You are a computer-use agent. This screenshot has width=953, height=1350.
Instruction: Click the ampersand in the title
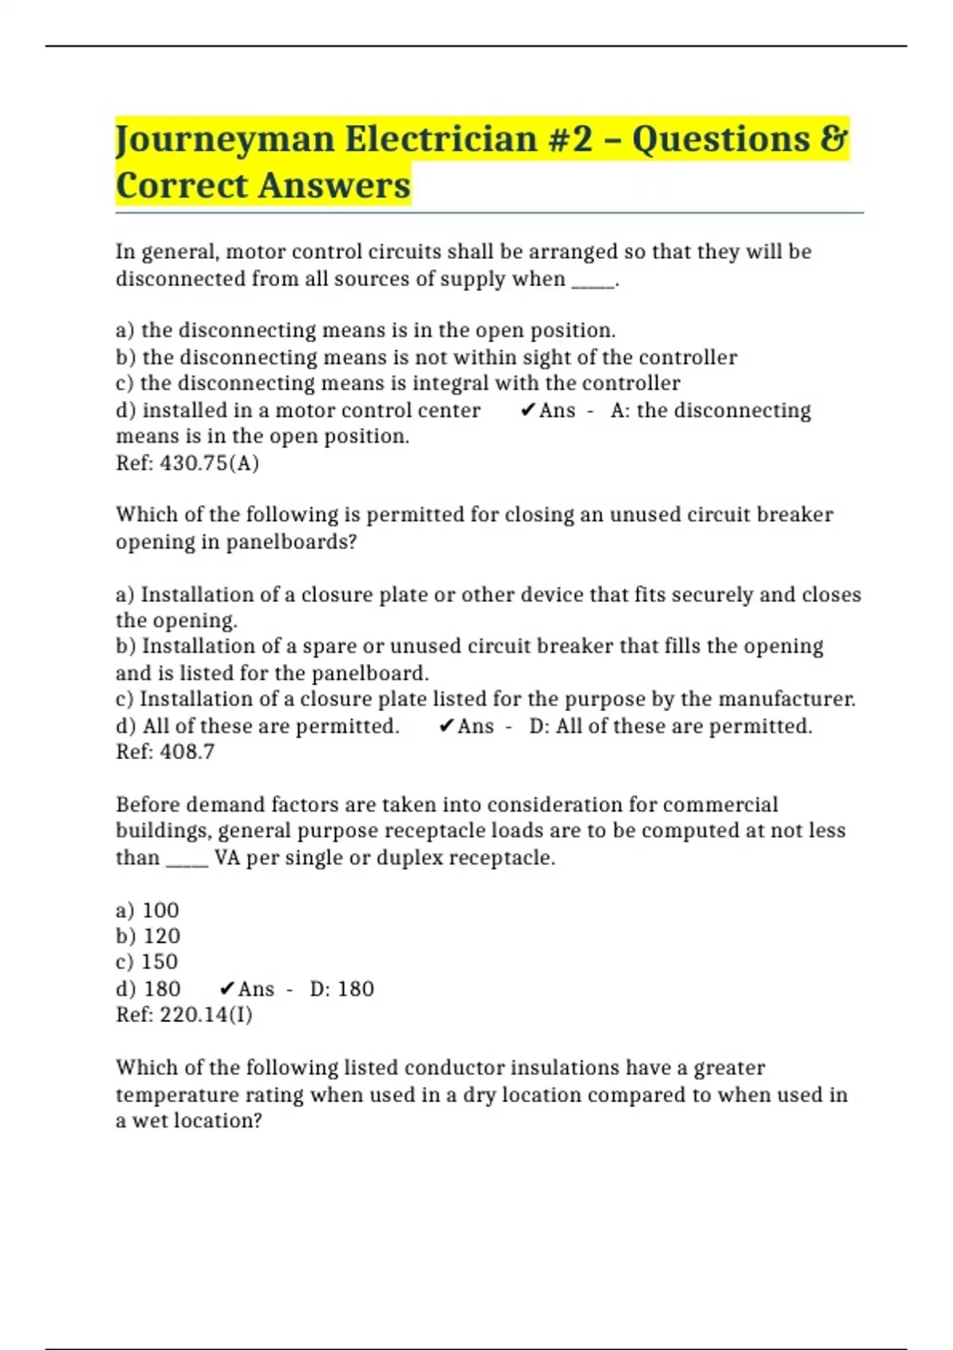click(x=834, y=140)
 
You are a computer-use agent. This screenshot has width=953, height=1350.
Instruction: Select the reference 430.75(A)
click(x=209, y=463)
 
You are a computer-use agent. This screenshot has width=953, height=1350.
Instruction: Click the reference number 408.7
click(x=187, y=752)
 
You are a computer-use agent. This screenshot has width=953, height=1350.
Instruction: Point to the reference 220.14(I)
click(x=206, y=1015)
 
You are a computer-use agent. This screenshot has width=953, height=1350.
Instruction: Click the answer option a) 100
click(x=148, y=910)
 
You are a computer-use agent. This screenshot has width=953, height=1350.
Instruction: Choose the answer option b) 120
click(x=149, y=936)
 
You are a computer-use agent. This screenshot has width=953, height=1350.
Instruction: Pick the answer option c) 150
click(x=147, y=962)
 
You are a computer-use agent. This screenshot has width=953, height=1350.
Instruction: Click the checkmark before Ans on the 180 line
click(x=227, y=989)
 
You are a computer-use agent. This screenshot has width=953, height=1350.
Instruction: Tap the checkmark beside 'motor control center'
click(x=528, y=411)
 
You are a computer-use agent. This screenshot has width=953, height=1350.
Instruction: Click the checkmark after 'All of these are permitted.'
click(x=446, y=726)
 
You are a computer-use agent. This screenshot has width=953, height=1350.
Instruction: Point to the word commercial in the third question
click(x=720, y=804)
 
